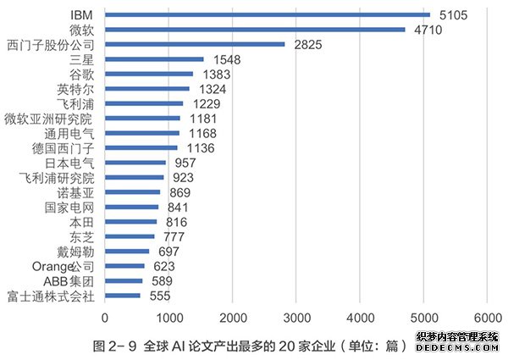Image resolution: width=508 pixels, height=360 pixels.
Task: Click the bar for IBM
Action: click(x=268, y=14)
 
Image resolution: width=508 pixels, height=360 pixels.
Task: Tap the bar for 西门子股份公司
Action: click(x=195, y=44)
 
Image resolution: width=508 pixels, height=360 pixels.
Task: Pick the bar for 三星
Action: click(x=154, y=59)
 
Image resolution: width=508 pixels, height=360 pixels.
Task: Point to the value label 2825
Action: click(x=309, y=44)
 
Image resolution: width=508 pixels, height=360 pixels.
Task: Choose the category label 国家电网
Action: click(x=70, y=207)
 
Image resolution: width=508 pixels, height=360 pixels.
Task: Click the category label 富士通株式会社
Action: click(x=52, y=296)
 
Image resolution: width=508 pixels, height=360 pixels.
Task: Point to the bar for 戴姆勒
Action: click(x=127, y=252)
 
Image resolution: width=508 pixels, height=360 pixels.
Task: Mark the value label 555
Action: click(x=160, y=296)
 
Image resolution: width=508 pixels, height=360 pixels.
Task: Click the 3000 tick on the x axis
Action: click(x=296, y=318)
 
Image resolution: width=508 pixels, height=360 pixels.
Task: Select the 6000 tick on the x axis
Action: click(x=487, y=318)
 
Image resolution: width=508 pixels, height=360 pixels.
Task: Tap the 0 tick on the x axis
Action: click(x=105, y=318)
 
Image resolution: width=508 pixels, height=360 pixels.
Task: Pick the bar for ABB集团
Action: click(x=124, y=281)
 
